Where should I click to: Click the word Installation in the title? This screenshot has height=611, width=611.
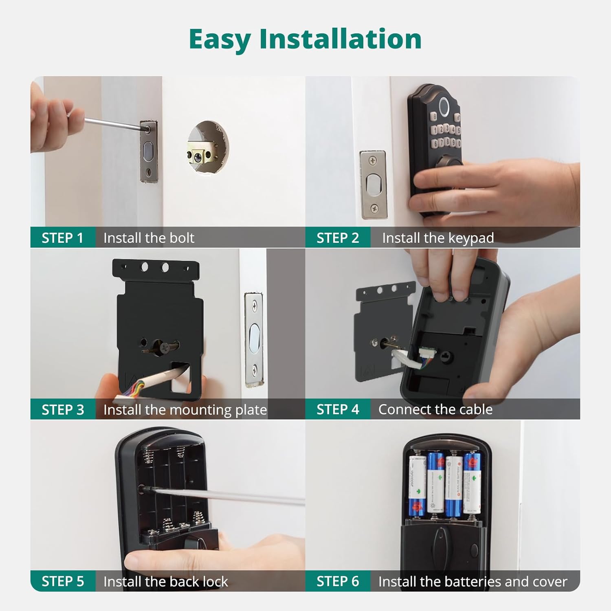click(340, 40)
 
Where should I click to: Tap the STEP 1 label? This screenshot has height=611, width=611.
click(62, 238)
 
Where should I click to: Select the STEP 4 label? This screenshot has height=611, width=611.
click(338, 409)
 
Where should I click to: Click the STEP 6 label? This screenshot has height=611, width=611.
click(338, 581)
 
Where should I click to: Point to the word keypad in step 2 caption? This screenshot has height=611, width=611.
click(470, 238)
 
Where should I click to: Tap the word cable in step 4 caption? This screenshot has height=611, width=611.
click(476, 409)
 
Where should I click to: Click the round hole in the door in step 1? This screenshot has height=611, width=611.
click(208, 147)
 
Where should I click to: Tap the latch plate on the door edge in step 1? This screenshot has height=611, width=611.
click(148, 151)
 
